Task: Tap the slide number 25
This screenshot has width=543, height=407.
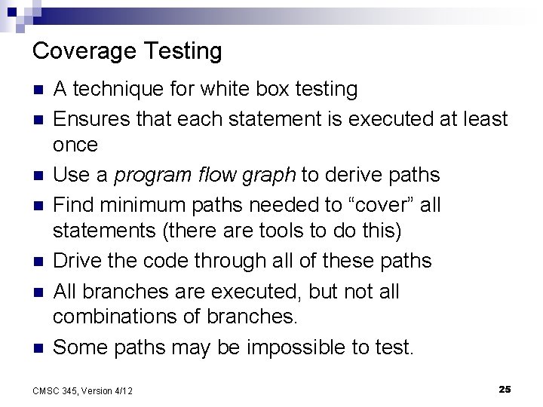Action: pos(505,389)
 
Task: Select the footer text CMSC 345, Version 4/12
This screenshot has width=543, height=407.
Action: pos(84,390)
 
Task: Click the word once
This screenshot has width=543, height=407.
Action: pos(75,145)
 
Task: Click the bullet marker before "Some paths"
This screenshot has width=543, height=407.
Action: pos(39,347)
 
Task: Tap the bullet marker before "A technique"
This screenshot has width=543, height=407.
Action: pos(39,90)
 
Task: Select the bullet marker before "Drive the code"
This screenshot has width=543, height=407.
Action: pos(39,261)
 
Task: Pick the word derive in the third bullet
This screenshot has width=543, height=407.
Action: pos(351,175)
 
